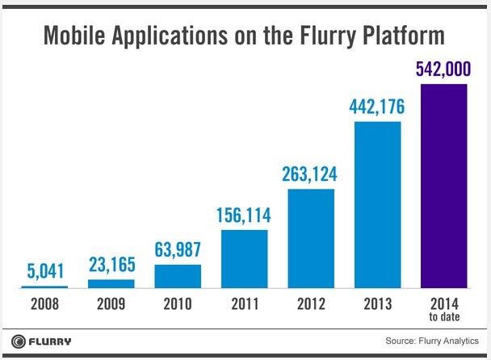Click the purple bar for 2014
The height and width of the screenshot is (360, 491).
(x=443, y=185)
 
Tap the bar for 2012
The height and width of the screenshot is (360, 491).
(x=311, y=238)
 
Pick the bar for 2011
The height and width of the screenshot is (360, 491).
(x=244, y=258)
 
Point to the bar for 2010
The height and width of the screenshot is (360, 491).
(x=178, y=276)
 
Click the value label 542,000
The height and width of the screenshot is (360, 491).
(x=443, y=69)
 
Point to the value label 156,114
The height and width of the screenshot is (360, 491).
(x=244, y=216)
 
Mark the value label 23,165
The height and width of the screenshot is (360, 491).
(x=111, y=264)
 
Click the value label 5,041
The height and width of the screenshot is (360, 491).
(x=44, y=270)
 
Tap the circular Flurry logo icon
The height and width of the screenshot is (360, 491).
(x=17, y=341)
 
